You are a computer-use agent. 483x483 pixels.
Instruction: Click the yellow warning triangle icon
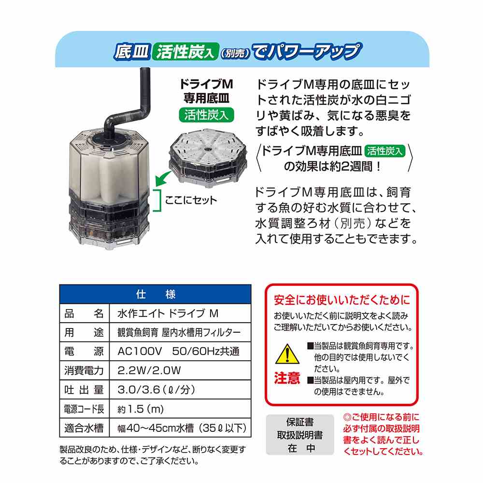click(287, 354)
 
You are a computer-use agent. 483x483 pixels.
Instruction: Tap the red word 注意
click(287, 378)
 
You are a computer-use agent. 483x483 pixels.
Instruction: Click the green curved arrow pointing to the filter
click(163, 179)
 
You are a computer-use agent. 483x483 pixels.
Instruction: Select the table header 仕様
click(156, 295)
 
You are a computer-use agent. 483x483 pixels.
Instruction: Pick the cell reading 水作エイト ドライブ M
click(168, 313)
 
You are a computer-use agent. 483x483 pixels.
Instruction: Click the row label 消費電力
click(84, 370)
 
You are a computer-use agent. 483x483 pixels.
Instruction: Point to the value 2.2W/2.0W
click(149, 370)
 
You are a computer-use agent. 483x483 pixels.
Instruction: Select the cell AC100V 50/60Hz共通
click(178, 351)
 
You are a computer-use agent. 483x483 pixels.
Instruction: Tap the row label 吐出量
click(84, 390)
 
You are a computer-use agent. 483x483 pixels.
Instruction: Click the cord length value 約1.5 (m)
click(141, 409)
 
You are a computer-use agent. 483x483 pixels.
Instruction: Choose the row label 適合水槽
click(84, 428)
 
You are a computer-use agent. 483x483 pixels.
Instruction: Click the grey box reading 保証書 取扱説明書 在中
click(300, 435)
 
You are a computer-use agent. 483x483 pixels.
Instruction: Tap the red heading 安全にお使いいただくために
click(342, 300)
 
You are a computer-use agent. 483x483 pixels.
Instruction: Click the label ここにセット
click(191, 200)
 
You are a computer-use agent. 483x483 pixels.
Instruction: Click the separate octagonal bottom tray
click(208, 160)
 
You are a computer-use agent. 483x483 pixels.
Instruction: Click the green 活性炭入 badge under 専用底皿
click(206, 115)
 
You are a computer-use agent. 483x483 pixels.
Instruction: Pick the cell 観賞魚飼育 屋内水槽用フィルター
click(179, 332)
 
